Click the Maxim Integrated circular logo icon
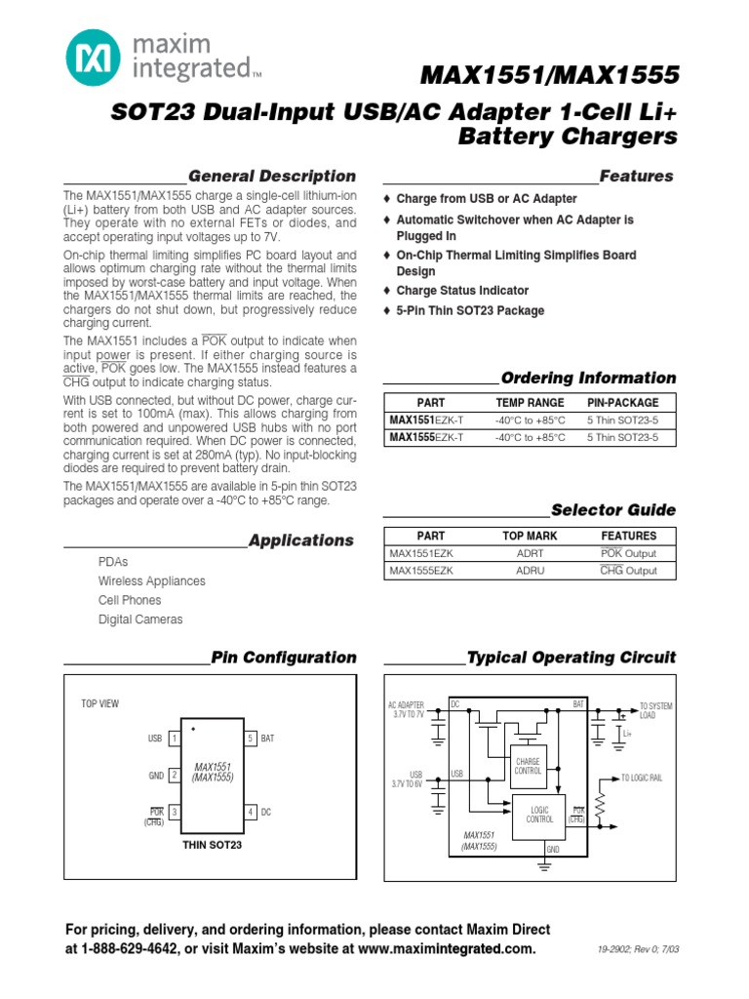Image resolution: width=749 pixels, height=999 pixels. [93, 56]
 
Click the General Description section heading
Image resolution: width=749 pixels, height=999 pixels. [272, 177]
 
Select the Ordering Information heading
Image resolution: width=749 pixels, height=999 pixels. [588, 379]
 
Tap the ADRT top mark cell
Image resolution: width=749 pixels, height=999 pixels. [530, 553]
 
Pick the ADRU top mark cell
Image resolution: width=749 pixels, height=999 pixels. [530, 571]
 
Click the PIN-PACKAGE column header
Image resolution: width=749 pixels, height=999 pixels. [623, 402]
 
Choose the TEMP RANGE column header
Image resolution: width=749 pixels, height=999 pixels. [530, 402]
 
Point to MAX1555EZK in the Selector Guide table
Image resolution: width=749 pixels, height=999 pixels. [420, 571]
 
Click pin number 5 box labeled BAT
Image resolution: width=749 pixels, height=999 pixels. [250, 739]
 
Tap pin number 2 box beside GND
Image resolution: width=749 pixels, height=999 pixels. [174, 776]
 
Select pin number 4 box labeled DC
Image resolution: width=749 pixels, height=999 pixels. [250, 812]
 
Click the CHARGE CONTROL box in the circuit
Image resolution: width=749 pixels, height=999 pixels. [528, 766]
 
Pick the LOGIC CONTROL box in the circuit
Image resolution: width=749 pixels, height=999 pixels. [540, 816]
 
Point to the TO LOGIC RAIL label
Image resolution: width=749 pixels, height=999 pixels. [642, 778]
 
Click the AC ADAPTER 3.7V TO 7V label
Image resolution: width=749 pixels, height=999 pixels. [406, 709]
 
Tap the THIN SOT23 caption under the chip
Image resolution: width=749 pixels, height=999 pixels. [212, 845]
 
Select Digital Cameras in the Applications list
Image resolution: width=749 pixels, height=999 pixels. [140, 619]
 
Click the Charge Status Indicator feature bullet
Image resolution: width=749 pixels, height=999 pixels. [462, 291]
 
